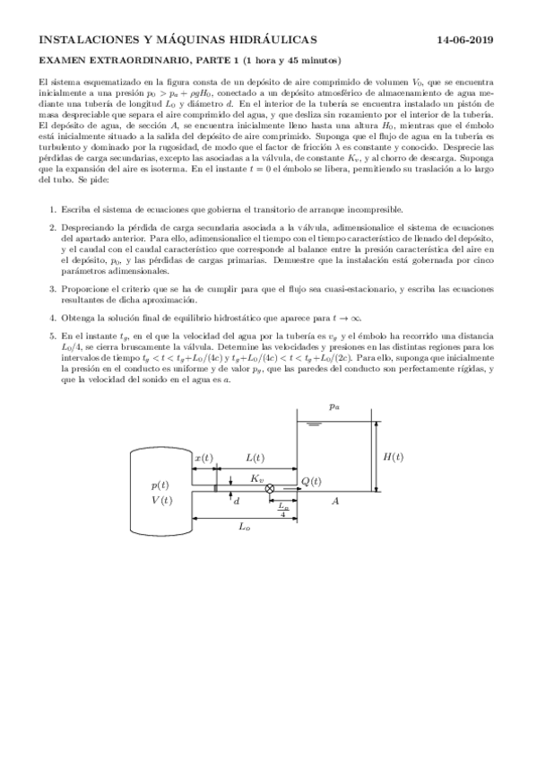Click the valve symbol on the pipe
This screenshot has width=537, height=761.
point(257,487)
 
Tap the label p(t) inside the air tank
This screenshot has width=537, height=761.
point(161,485)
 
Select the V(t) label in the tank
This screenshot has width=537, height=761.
point(161,500)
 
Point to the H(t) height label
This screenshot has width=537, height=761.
point(393,457)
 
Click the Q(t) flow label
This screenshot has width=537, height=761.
point(311,482)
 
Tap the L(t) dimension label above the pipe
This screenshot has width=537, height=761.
point(255,458)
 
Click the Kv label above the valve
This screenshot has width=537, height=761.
point(256,477)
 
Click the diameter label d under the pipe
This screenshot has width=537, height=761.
point(236,502)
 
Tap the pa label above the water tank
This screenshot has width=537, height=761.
point(333,407)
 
